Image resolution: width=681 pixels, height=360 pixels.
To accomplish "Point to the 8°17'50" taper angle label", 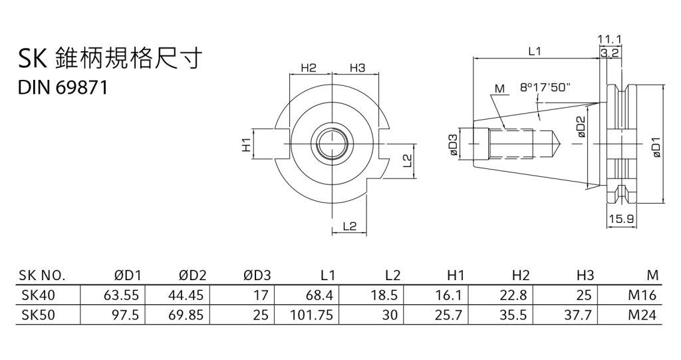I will click(545, 87).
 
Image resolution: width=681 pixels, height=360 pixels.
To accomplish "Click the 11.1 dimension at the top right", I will click(610, 40).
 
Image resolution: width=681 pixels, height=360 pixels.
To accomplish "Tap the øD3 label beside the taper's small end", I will click(454, 144).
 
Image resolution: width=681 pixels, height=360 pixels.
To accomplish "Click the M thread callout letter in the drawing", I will click(500, 88).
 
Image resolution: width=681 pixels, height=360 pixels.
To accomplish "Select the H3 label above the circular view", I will click(358, 68).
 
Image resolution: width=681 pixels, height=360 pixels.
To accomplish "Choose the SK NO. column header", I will click(42, 275).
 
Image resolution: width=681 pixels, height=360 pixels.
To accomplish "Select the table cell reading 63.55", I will click(120, 295).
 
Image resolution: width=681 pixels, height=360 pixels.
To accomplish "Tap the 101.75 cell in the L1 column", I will click(312, 315).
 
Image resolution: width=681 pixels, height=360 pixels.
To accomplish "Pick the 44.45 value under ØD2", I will click(186, 295).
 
